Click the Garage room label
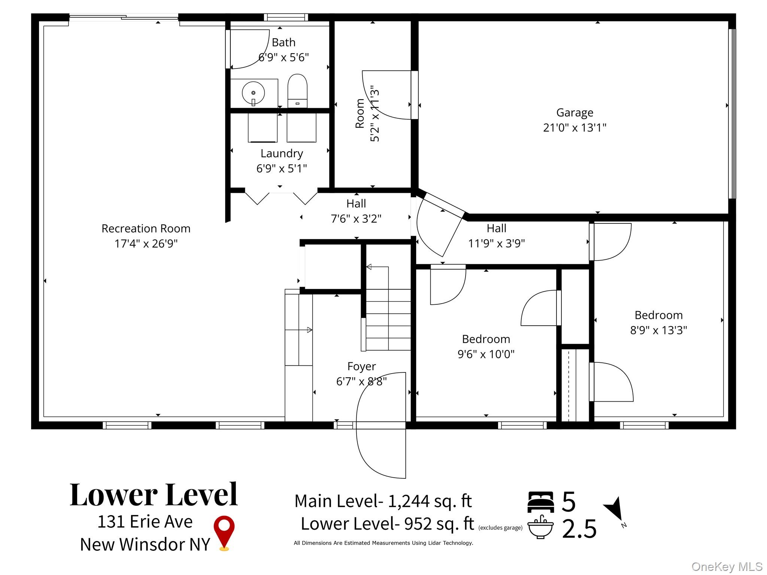(x=575, y=113)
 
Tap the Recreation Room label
(x=146, y=228)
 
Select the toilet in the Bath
(x=297, y=91)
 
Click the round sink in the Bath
(x=254, y=93)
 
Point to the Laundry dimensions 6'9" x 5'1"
(x=282, y=168)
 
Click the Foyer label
(x=361, y=366)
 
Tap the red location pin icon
(x=224, y=533)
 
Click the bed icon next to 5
(x=540, y=502)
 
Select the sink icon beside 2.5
(x=540, y=527)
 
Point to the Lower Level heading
(x=154, y=495)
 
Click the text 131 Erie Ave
(x=145, y=521)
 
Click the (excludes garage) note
(x=500, y=528)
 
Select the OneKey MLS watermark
(x=727, y=567)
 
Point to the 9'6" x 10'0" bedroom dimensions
(x=486, y=354)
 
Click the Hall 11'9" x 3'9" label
(x=497, y=236)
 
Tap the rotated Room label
(x=360, y=113)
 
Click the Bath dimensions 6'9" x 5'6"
(x=284, y=57)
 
